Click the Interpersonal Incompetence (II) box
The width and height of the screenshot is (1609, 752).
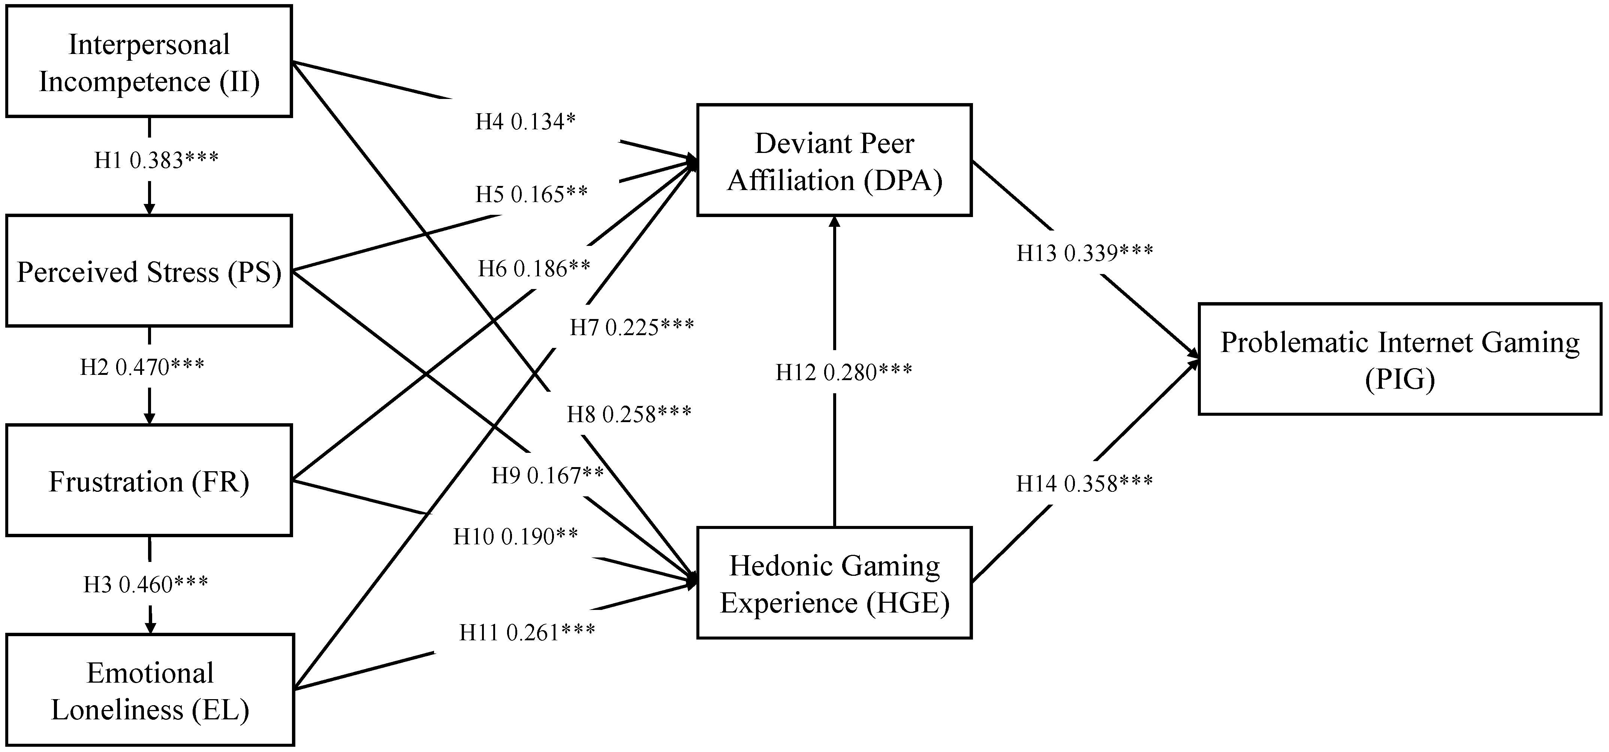(149, 61)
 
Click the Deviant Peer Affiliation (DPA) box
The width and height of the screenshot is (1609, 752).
(834, 160)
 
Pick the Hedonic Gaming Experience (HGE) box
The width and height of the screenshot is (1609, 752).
(834, 583)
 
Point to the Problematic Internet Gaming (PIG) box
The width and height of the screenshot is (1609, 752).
(1400, 359)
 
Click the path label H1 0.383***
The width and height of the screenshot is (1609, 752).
(156, 160)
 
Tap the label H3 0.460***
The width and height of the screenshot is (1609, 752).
(145, 584)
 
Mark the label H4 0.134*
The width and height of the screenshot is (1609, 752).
(525, 122)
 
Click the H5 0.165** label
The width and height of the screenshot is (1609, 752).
(531, 194)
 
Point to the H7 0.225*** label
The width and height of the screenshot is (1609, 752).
(632, 327)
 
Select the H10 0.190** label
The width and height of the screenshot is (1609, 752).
(515, 536)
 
